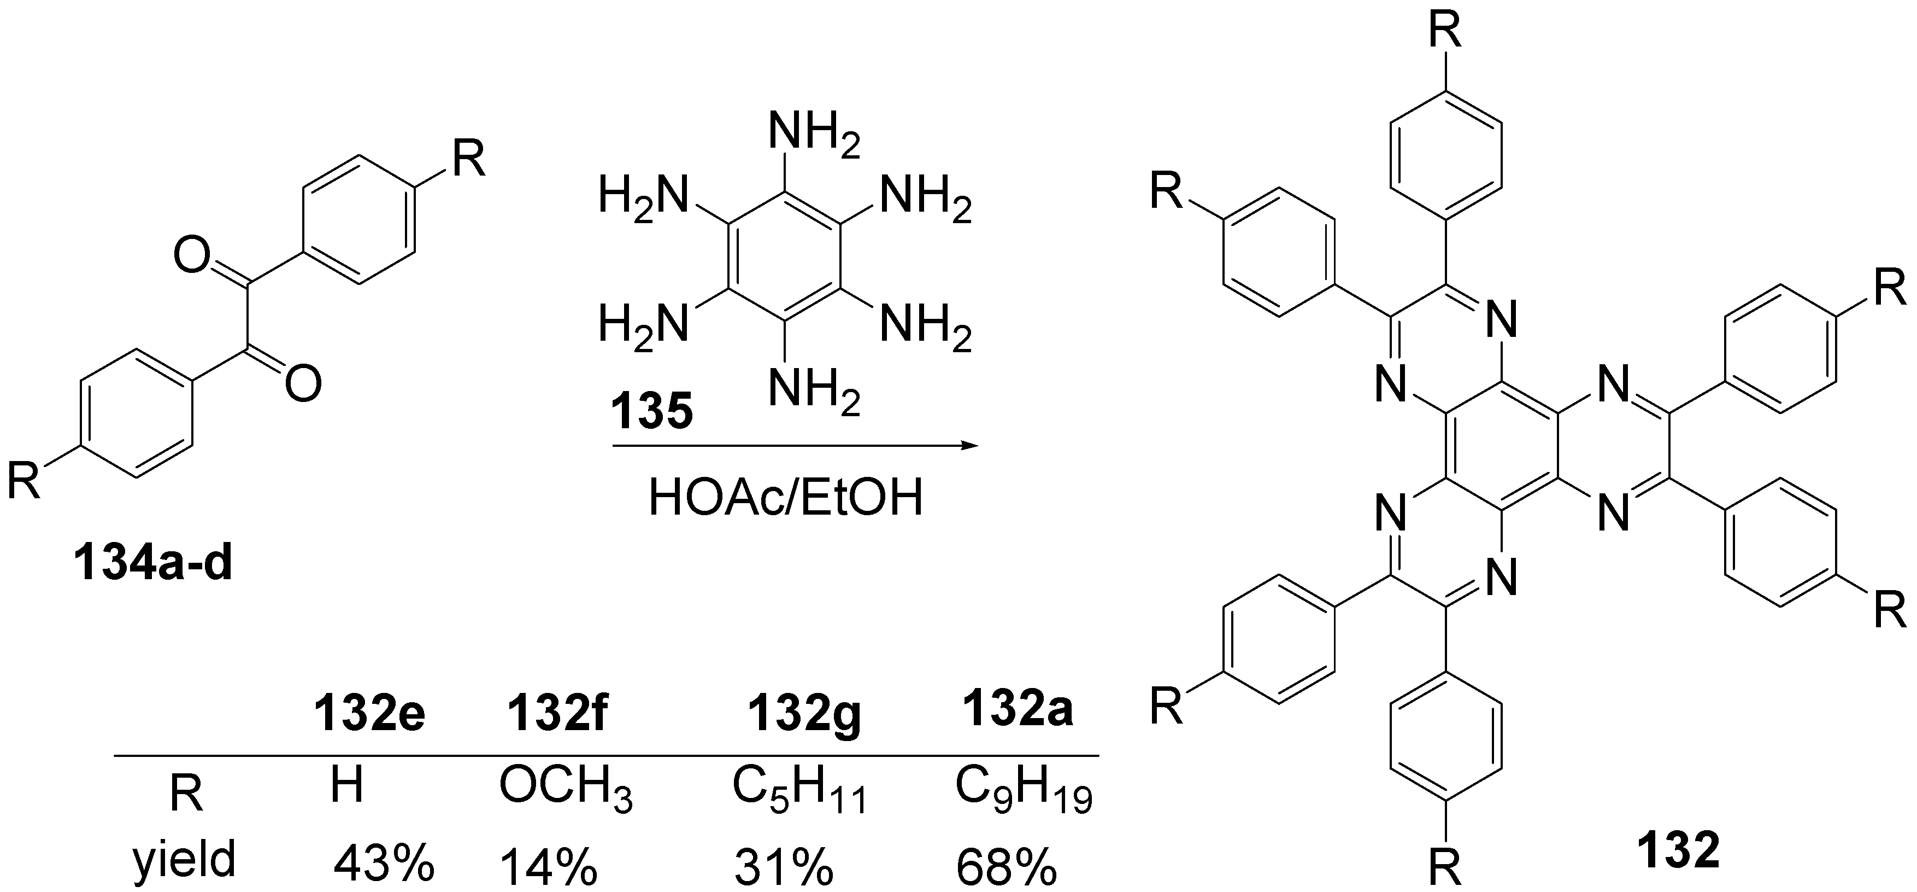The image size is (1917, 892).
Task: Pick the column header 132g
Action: click(804, 715)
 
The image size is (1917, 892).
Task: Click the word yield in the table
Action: click(185, 859)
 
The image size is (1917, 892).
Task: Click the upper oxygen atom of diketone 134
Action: click(191, 256)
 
